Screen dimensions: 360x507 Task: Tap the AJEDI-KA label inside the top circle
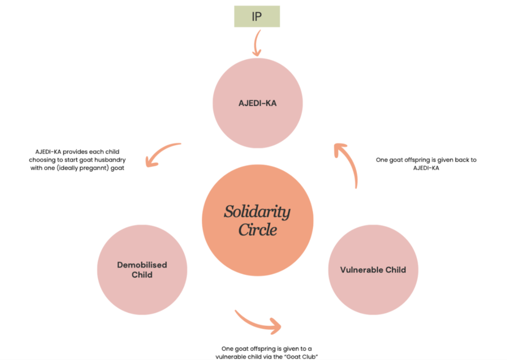pyautogui.click(x=257, y=103)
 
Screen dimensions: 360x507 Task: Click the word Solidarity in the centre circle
pyautogui.click(x=257, y=212)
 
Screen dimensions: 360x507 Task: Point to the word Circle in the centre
pyautogui.click(x=257, y=230)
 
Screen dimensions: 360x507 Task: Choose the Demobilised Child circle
pyautogui.click(x=142, y=270)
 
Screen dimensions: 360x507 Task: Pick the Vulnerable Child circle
pyautogui.click(x=373, y=270)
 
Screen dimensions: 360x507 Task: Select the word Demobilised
pyautogui.click(x=142, y=265)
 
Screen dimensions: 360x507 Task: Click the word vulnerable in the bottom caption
pyautogui.click(x=234, y=356)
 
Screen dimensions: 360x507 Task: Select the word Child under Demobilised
pyautogui.click(x=142, y=275)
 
